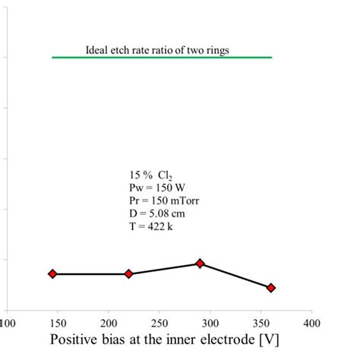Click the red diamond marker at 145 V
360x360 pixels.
[x=52, y=273]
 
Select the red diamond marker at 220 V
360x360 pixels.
[x=128, y=273]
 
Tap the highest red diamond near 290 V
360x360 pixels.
[x=201, y=263]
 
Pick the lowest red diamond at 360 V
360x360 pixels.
[x=271, y=288]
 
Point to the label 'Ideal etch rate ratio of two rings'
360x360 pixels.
[x=157, y=50]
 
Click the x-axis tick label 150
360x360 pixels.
[x=58, y=323]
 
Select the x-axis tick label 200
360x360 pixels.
[x=109, y=323]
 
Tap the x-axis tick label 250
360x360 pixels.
[x=159, y=323]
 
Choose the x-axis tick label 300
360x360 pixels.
[x=210, y=323]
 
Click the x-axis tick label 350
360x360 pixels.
[x=261, y=323]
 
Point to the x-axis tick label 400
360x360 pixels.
[x=311, y=323]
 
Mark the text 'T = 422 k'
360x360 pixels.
[x=150, y=226]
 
